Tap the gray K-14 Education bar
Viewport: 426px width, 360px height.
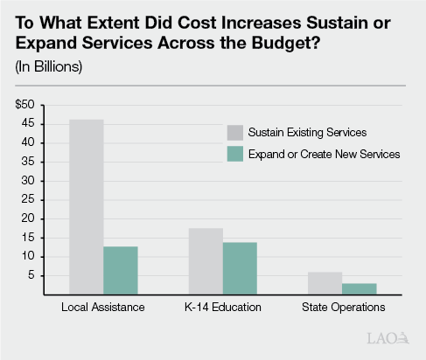(206, 260)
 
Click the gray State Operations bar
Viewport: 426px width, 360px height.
(325, 283)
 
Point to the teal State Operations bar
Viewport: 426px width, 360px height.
(360, 288)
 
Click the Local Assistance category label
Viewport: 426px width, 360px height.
(103, 309)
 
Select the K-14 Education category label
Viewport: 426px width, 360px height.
(223, 309)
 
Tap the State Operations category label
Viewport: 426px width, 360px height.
(343, 309)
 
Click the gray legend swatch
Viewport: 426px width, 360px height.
(234, 133)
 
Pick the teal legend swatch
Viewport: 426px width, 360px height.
(234, 154)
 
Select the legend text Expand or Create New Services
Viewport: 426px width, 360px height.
(325, 154)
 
